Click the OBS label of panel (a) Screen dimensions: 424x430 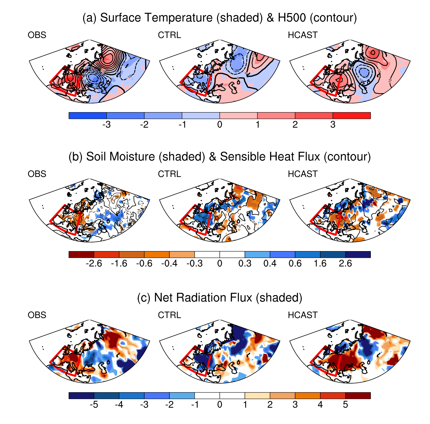point(37,35)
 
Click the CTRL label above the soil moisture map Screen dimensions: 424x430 point(169,174)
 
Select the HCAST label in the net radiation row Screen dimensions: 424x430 point(302,315)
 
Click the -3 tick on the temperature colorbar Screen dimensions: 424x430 point(106,125)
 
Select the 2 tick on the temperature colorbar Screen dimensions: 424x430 point(295,125)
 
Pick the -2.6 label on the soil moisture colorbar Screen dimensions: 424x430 point(94,264)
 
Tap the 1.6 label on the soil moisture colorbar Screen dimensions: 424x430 point(320,264)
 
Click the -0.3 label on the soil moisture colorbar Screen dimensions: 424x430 point(194,264)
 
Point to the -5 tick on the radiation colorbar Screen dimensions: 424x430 point(94,405)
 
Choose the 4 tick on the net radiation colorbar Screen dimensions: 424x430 point(320,405)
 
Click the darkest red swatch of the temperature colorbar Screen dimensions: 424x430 point(352,115)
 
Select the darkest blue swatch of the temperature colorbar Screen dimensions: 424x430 point(87,115)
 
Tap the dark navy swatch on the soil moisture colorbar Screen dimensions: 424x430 point(358,254)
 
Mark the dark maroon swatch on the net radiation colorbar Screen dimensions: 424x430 point(358,395)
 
